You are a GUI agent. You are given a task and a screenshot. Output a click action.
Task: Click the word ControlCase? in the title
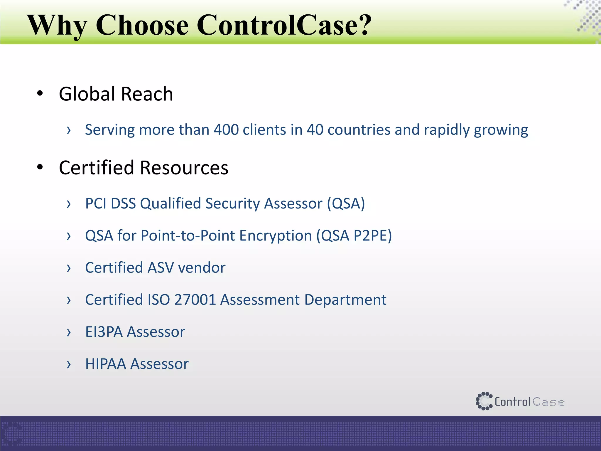click(x=284, y=25)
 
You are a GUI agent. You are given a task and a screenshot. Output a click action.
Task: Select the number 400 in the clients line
click(x=226, y=130)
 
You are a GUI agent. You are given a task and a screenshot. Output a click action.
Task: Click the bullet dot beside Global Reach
click(x=40, y=94)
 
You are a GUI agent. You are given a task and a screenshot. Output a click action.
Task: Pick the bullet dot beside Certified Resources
click(x=40, y=167)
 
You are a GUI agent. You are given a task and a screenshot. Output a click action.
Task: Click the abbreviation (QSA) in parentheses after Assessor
click(x=346, y=203)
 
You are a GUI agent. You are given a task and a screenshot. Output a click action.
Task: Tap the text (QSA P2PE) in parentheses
click(x=354, y=235)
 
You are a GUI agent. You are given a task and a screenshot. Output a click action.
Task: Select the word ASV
click(x=161, y=267)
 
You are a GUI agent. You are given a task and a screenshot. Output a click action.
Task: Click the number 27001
click(x=195, y=300)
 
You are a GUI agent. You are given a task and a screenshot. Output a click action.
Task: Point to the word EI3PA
click(x=104, y=332)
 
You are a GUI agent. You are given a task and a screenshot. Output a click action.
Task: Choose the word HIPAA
click(x=106, y=364)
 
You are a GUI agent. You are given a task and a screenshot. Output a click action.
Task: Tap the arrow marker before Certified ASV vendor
click(x=69, y=268)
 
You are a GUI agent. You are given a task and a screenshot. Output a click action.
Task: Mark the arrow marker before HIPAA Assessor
click(x=69, y=364)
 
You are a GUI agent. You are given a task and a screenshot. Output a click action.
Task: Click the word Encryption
click(x=276, y=236)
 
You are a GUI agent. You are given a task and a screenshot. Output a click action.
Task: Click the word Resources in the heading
click(x=184, y=168)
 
